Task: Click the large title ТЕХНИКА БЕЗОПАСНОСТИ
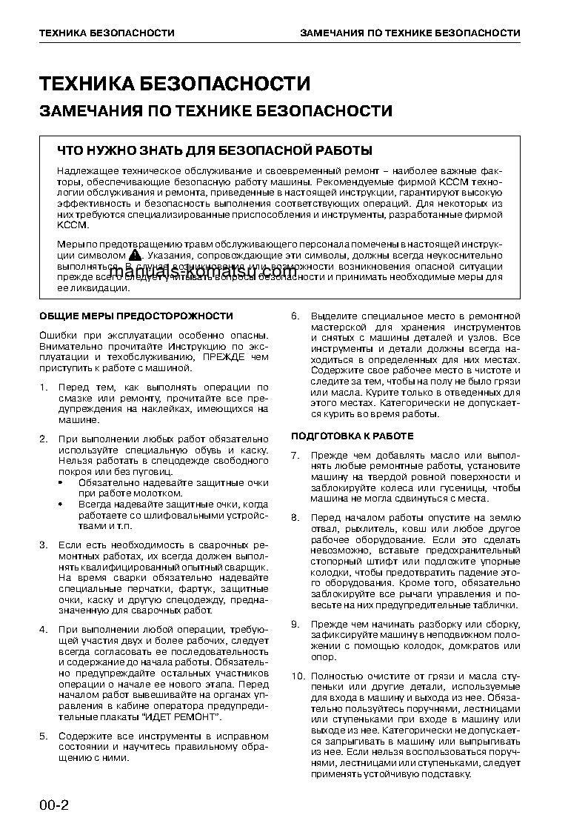[175, 84]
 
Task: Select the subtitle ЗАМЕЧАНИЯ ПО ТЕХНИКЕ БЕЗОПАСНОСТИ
[216, 111]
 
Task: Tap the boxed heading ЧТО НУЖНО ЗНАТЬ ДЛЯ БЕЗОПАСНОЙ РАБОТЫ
[215, 151]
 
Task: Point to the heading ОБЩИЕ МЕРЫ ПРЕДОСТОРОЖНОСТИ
[136, 316]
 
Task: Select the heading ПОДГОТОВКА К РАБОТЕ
[352, 435]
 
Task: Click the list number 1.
[43, 387]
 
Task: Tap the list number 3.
[43, 545]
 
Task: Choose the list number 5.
[43, 736]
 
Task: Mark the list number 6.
[295, 316]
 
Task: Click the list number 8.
[295, 517]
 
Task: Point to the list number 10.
[297, 676]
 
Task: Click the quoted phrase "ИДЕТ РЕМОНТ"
[181, 717]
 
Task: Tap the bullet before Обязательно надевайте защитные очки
[61, 482]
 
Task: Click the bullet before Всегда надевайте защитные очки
[61, 504]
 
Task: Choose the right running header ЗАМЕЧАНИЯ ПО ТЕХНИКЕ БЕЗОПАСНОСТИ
[410, 33]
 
